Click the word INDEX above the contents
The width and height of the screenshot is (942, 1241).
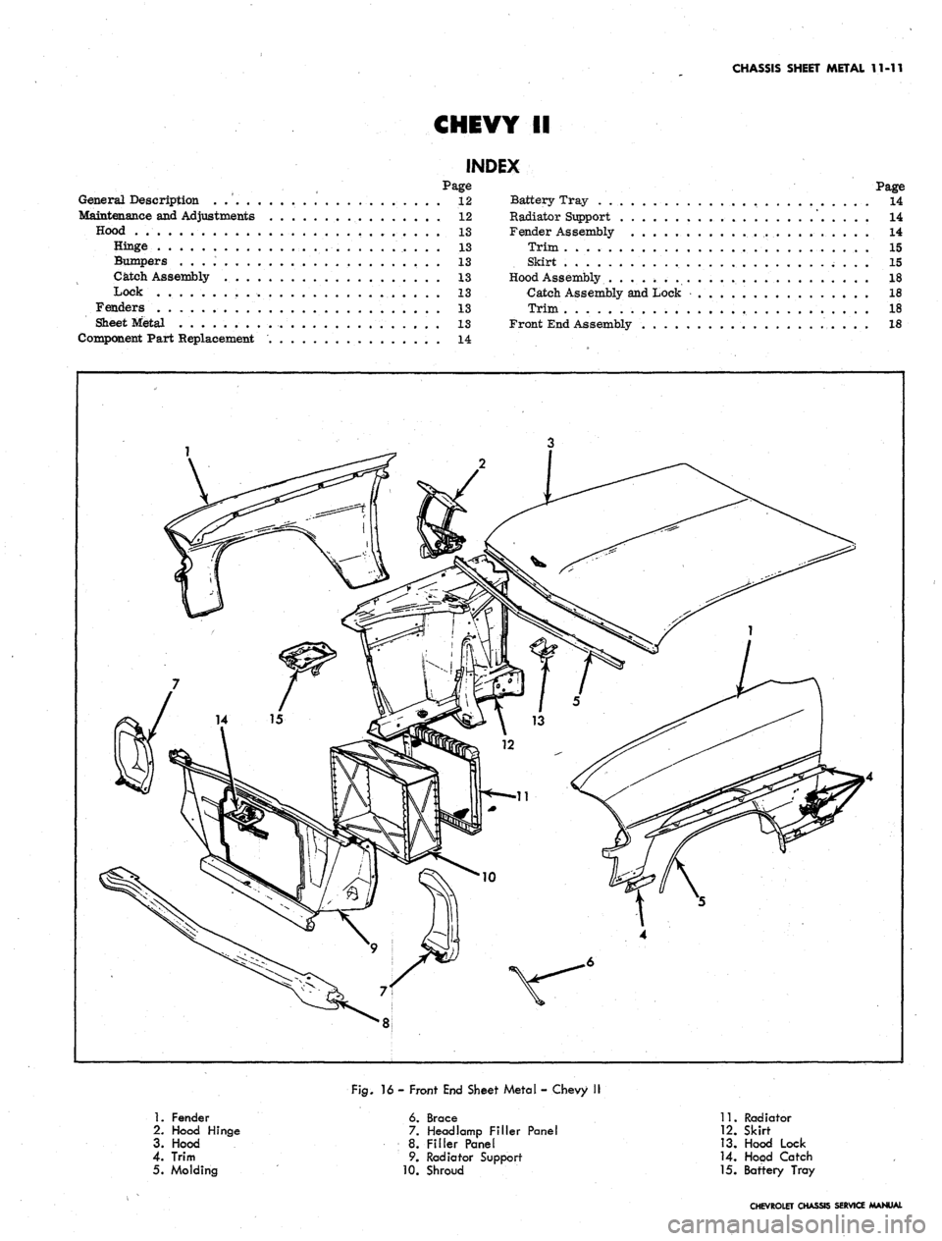(490, 167)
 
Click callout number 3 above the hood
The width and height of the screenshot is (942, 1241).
(549, 445)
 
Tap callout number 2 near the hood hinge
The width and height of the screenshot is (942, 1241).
(481, 464)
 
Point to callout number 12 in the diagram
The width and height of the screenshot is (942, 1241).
(507, 745)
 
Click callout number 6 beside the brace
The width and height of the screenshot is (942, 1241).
(591, 960)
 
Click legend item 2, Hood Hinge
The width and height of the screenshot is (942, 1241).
(196, 1131)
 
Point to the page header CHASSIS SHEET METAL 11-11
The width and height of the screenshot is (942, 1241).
(817, 69)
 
